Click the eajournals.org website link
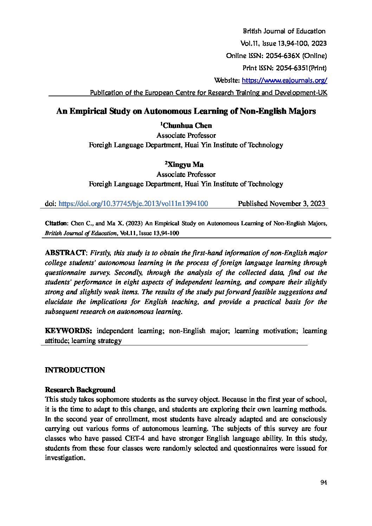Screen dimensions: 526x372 tap(284, 80)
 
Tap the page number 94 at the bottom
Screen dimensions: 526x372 tap(324, 482)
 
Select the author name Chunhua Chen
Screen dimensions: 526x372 tap(188, 125)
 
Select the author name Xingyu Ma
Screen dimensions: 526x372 tap(185, 164)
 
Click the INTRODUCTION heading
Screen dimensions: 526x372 tap(75, 370)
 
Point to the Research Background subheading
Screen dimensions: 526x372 tap(80, 390)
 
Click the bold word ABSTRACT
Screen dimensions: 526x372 tap(65, 253)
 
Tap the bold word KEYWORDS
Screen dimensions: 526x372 tap(69, 331)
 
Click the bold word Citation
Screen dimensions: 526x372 tap(56, 223)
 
